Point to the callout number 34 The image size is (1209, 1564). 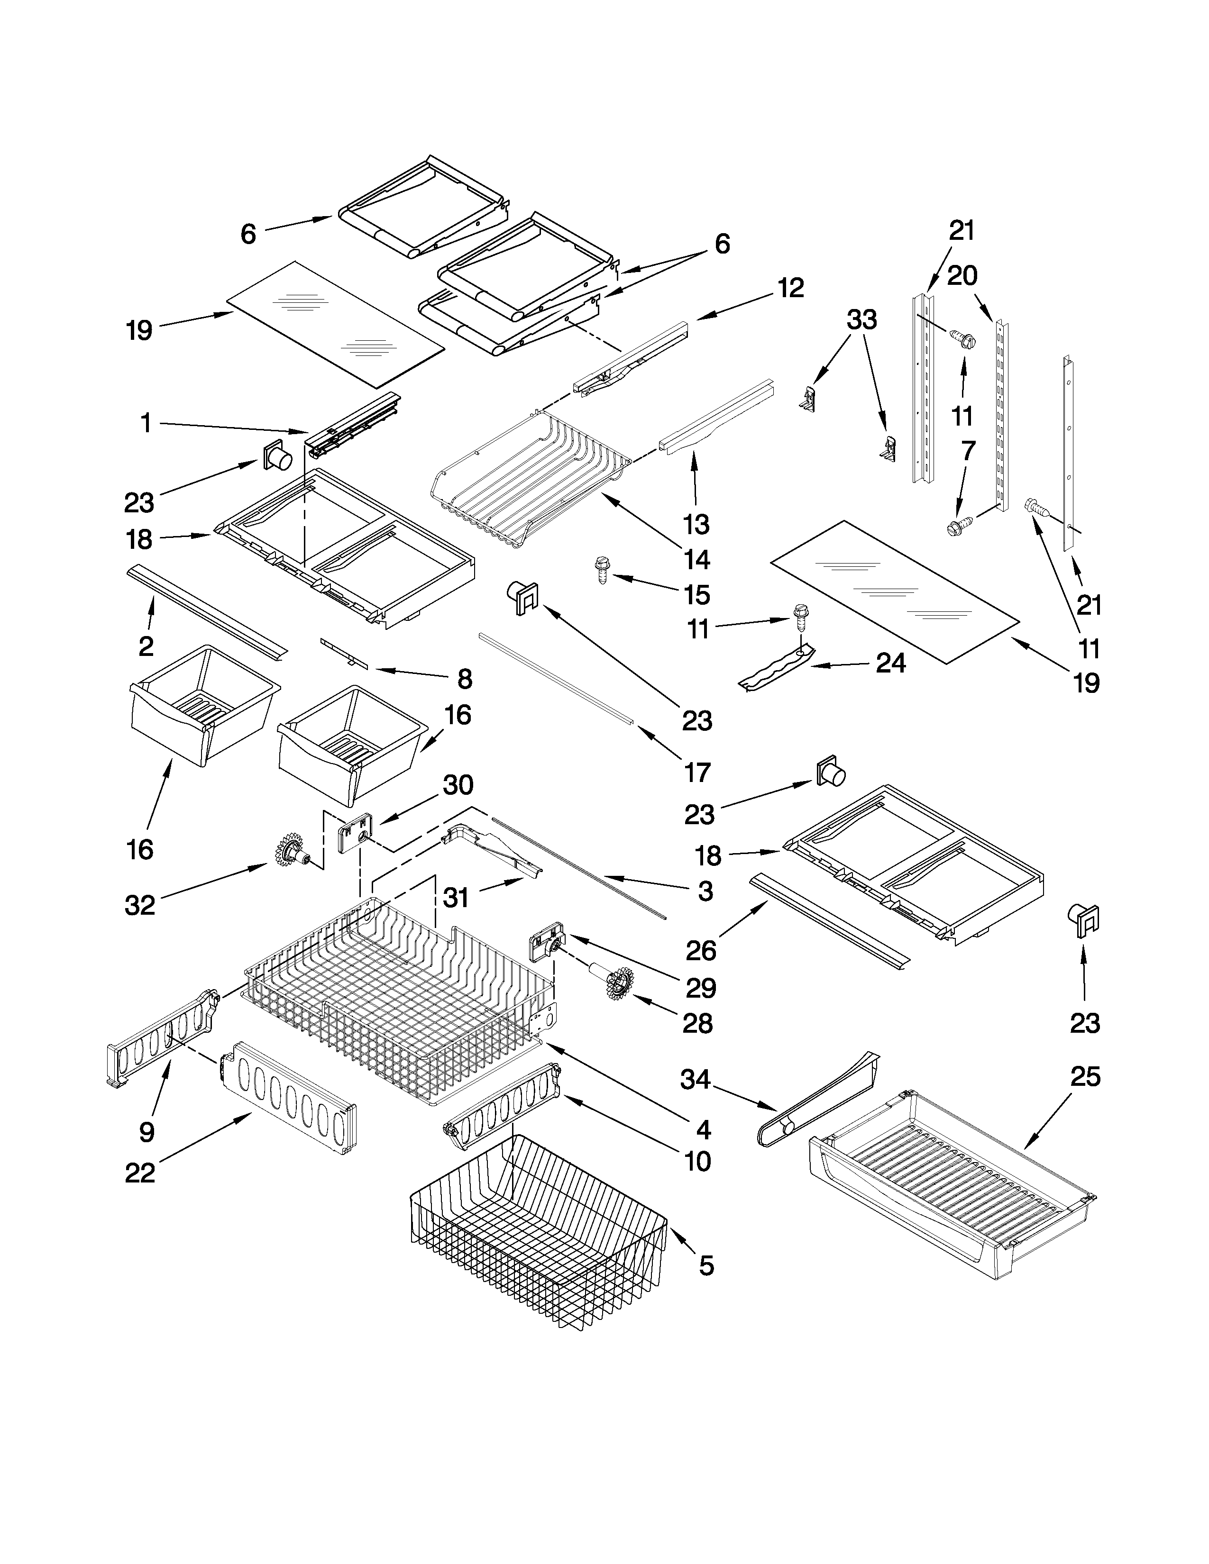pyautogui.click(x=695, y=1079)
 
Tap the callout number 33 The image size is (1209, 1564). pyautogui.click(x=861, y=320)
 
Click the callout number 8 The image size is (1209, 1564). pyautogui.click(x=465, y=678)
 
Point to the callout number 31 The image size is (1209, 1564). pyautogui.click(x=456, y=897)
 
